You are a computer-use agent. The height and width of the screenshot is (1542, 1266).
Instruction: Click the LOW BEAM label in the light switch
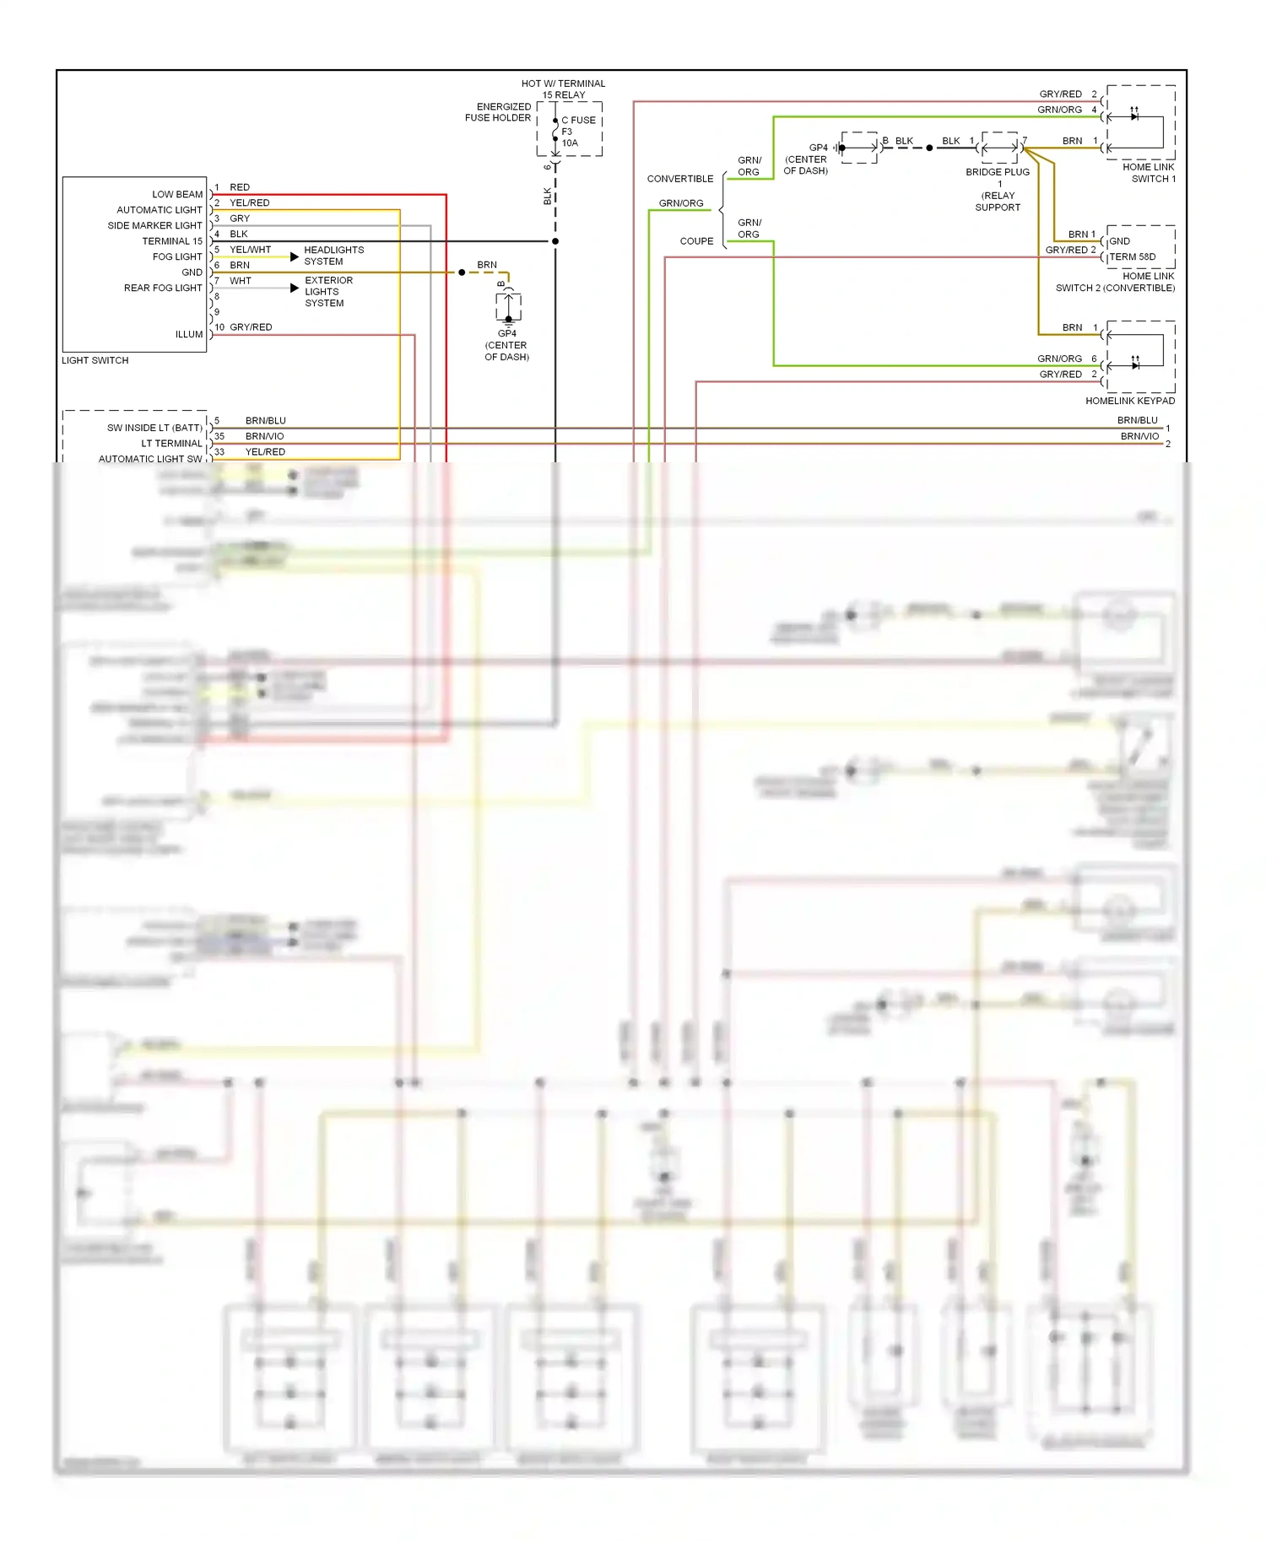point(177,194)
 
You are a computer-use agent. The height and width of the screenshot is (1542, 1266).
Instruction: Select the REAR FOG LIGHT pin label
point(163,288)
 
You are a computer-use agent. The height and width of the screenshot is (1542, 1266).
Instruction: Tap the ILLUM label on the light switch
point(189,334)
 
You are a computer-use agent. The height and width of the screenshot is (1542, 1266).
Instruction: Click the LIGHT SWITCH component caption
point(95,360)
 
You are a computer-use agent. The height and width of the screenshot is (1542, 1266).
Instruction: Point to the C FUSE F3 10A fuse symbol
point(555,132)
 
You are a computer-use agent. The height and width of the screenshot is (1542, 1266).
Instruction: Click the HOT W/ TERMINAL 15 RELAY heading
point(563,89)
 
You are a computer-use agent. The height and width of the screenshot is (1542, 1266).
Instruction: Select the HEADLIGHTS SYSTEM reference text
point(333,256)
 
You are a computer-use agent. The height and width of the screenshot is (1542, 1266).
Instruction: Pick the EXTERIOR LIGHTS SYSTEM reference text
point(328,292)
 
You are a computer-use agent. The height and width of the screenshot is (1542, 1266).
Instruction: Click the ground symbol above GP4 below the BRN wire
point(508,309)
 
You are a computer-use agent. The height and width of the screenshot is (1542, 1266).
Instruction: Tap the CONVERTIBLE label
point(679,179)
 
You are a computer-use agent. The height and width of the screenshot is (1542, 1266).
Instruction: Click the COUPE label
point(696,241)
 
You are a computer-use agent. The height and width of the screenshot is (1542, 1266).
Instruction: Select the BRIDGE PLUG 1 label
point(998,177)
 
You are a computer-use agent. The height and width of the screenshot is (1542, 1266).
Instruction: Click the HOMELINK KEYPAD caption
point(1129,401)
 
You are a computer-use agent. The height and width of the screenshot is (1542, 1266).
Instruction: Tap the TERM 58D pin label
point(1133,256)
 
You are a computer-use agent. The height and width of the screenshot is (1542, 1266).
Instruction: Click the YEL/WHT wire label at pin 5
point(251,250)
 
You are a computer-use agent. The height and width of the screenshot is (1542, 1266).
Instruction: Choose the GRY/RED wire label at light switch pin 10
point(251,327)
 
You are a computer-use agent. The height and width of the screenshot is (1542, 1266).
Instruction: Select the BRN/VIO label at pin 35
point(264,436)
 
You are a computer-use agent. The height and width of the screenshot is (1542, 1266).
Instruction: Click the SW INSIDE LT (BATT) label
point(154,428)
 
